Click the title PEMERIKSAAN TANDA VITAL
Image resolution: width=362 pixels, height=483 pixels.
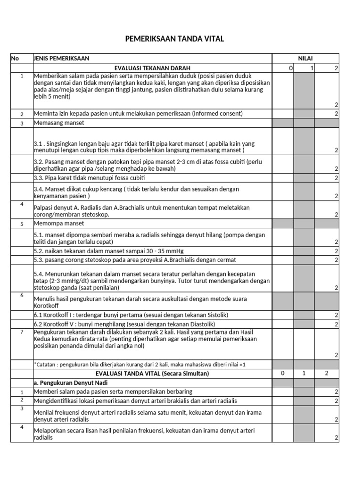click(x=174, y=39)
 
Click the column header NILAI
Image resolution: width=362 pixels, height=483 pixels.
click(x=305, y=58)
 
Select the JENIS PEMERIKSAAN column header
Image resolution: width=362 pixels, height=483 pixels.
click(x=61, y=58)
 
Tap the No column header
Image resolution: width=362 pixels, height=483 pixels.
click(x=15, y=58)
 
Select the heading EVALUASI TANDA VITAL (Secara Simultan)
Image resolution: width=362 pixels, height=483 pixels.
click(x=152, y=373)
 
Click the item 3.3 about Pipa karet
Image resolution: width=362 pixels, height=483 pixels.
click(x=89, y=178)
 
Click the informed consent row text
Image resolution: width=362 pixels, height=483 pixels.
click(x=138, y=113)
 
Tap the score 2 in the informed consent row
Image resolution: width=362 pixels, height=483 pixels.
click(x=336, y=114)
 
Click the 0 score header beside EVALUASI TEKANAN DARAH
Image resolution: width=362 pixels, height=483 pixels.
click(x=291, y=68)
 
